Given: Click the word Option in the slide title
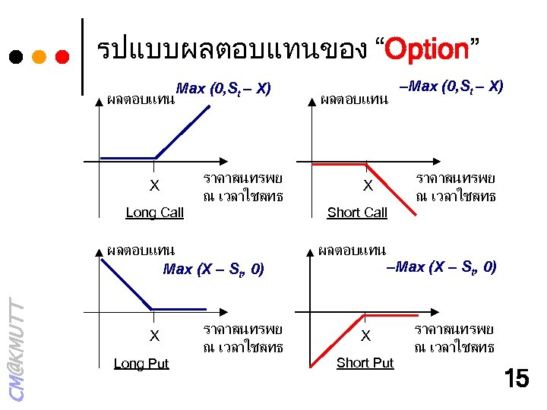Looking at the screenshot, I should coord(427,50).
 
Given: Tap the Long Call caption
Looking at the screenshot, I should coord(154,213).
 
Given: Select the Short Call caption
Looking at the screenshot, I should coord(357,213).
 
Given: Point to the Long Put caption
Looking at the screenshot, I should coord(141,364).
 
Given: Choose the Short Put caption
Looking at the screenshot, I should coord(365,363).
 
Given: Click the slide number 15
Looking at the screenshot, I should coord(516,377).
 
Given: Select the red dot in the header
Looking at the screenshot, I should coord(63,57).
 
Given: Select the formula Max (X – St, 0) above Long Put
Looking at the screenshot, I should coord(213,269).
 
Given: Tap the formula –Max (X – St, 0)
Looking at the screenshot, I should coord(441,266).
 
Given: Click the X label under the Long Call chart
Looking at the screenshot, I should coord(154,186).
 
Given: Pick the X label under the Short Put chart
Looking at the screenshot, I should coord(365,336).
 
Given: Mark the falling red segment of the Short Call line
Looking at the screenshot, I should coord(391,190).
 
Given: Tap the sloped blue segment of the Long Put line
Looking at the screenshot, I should coord(129,282).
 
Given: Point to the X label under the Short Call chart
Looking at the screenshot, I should coord(368,186).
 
